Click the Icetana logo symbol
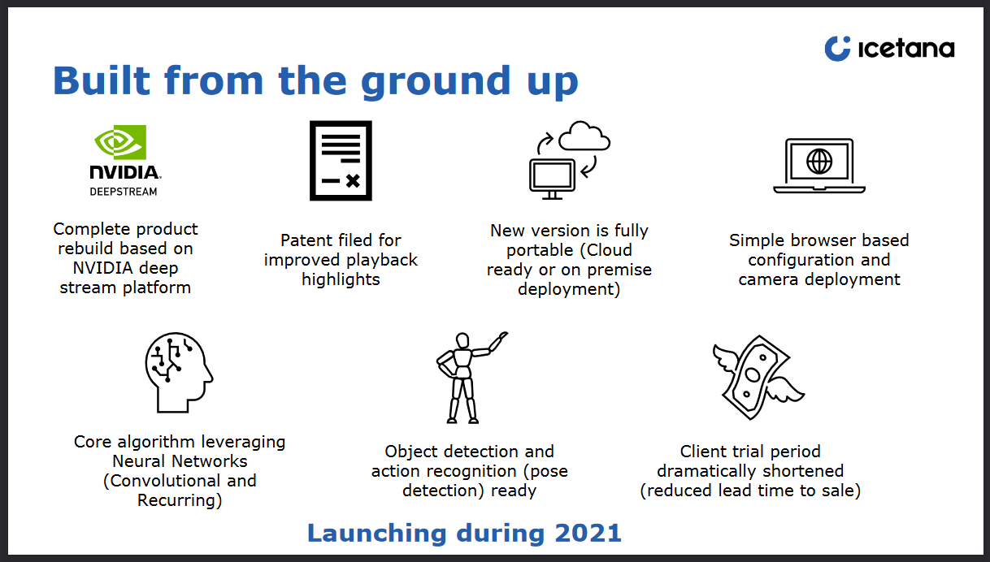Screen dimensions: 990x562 tap(837, 49)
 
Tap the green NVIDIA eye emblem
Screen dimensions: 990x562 tap(120, 142)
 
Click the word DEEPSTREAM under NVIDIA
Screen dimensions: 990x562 tap(124, 192)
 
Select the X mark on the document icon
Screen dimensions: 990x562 tap(353, 180)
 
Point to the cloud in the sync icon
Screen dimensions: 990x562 tap(584, 136)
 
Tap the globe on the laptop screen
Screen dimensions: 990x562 tap(819, 161)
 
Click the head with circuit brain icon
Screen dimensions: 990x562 tap(179, 373)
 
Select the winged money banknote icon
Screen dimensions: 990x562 tap(758, 377)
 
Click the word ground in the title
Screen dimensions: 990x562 tap(436, 83)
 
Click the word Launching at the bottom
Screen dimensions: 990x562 tap(377, 534)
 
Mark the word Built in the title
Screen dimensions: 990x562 tap(102, 80)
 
